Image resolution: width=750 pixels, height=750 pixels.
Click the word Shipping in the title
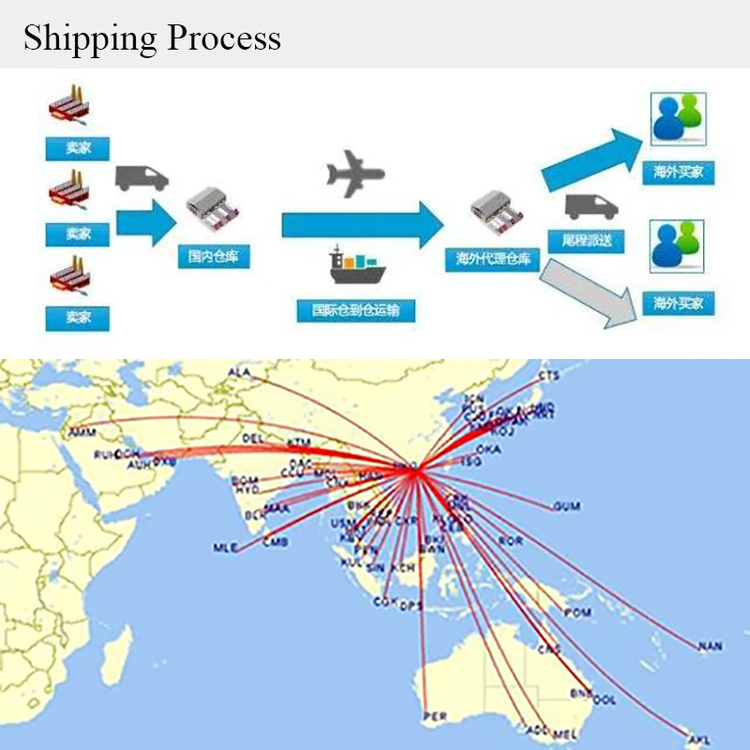pos(89,38)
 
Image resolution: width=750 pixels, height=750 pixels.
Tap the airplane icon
pos(355,173)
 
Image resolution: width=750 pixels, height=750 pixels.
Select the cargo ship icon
pos(356,264)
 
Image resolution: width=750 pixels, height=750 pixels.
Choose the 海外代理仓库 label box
pos(492,260)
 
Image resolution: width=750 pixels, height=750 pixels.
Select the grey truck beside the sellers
pos(142,178)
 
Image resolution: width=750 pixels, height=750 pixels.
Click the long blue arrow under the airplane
pos(362,223)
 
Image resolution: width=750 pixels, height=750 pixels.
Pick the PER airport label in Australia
pos(435,717)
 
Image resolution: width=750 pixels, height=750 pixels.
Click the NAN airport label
pos(710,647)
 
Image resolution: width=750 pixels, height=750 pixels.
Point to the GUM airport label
pos(566,507)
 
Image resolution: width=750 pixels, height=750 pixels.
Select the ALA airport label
pos(240,373)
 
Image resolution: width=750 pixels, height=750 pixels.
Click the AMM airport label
pos(81,433)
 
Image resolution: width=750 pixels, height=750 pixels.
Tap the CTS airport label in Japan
pos(548,375)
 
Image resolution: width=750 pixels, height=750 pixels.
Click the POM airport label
pos(577,612)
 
